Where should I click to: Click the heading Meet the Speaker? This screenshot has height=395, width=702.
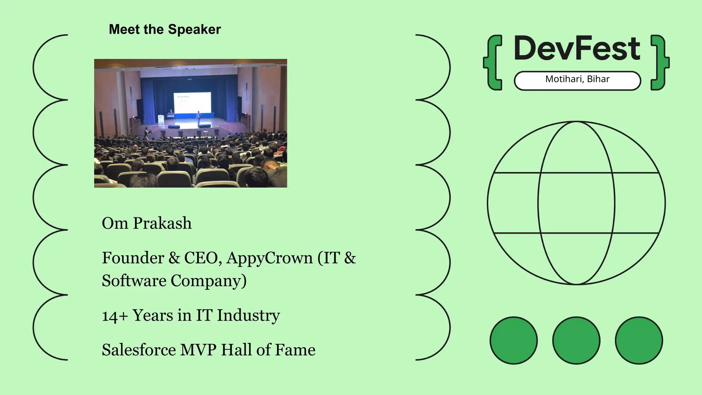[165, 29]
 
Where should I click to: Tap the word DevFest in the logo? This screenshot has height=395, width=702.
[577, 48]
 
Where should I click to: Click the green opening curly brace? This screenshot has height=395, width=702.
[493, 63]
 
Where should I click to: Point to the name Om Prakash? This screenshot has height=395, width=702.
[147, 223]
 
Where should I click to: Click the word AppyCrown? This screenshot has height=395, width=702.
[270, 258]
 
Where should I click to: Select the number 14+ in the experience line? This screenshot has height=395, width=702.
[114, 316]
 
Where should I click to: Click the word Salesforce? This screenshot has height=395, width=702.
[139, 350]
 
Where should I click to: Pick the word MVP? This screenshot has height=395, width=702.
[198, 350]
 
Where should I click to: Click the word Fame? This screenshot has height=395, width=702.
[295, 350]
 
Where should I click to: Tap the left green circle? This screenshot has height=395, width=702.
[513, 340]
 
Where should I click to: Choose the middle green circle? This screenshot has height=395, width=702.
[576, 340]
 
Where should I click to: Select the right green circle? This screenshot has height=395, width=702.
[639, 340]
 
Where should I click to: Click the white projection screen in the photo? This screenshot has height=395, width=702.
[192, 102]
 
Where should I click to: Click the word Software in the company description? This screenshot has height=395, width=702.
[134, 281]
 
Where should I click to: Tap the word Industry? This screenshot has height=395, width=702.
[248, 315]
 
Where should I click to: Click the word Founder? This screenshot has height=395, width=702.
[133, 258]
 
